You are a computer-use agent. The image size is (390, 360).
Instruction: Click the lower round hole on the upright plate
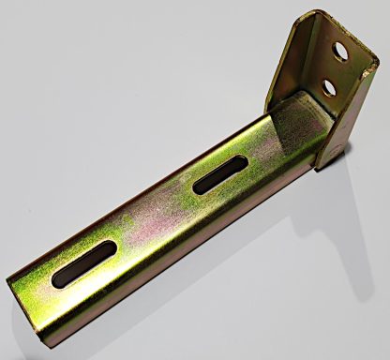click(x=329, y=88)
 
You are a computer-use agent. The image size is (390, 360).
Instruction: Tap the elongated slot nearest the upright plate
click(x=220, y=174)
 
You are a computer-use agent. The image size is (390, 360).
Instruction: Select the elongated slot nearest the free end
click(x=85, y=263)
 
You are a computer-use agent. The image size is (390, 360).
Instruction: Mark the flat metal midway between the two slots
click(x=155, y=217)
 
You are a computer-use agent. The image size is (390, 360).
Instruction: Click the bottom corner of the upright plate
click(x=323, y=164)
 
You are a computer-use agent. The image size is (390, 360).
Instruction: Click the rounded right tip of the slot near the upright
click(x=243, y=162)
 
